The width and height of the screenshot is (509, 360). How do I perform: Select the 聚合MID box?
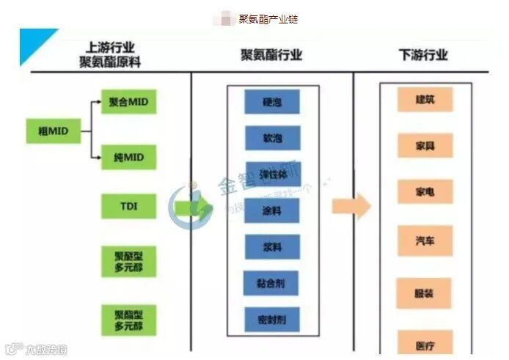(x=128, y=102)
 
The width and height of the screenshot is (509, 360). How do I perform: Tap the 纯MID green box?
(x=128, y=157)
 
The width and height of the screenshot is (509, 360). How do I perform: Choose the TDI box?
(x=128, y=206)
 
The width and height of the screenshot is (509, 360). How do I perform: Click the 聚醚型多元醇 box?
(x=128, y=260)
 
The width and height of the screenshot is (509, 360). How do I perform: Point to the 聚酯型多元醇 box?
(x=128, y=319)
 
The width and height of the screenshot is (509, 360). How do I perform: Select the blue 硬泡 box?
(x=272, y=102)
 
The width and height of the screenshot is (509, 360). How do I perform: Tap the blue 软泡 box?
(x=272, y=137)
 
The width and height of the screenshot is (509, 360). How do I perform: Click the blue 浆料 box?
(x=272, y=247)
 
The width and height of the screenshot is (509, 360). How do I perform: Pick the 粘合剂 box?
(x=272, y=283)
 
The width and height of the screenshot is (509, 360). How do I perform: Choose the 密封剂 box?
(x=272, y=319)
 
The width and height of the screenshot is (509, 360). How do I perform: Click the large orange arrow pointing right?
(x=351, y=207)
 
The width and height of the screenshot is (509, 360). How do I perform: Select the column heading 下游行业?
(x=423, y=55)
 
